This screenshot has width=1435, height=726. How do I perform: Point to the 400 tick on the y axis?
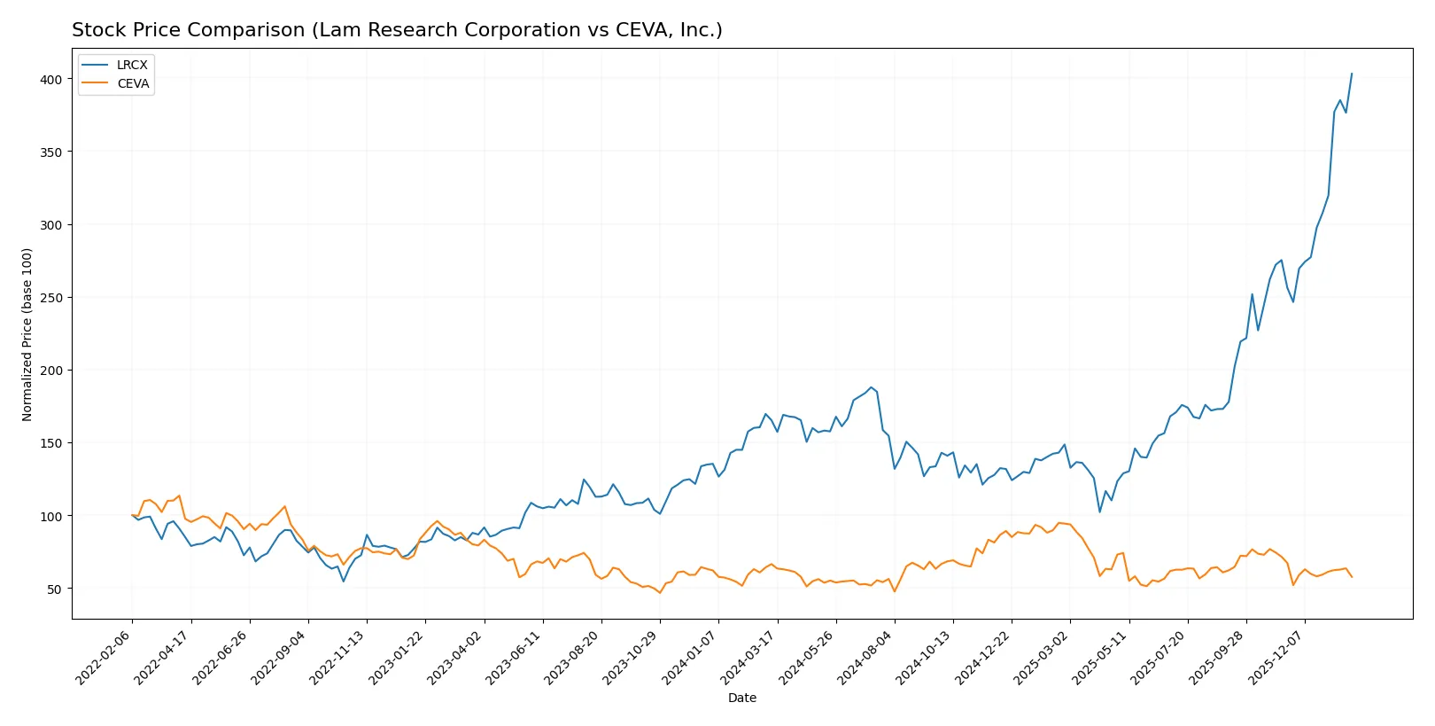tap(51, 80)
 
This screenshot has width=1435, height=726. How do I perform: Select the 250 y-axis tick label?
tap(51, 298)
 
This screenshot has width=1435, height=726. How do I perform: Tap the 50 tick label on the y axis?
tap(55, 589)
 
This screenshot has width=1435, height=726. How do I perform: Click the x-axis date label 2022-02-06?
tap(105, 657)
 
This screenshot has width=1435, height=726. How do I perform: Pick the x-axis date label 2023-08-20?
tap(573, 657)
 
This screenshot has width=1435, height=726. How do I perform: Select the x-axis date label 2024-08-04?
tap(866, 657)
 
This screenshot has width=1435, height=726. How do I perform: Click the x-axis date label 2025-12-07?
tap(1276, 657)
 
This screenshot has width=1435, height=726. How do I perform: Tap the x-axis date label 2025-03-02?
tap(1042, 657)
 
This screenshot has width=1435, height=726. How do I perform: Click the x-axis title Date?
tap(741, 698)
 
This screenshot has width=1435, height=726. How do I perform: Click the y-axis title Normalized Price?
tap(27, 334)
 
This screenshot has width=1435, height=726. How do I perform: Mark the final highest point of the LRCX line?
tap(1352, 74)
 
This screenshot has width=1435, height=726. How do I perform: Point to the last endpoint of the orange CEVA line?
tap(1352, 577)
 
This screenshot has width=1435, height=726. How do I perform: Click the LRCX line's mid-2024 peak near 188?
tap(871, 387)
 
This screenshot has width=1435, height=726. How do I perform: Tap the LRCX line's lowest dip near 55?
tap(344, 581)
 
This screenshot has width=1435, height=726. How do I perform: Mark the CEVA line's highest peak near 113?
tap(179, 496)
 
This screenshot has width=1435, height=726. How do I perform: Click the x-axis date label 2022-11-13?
tap(338, 657)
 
